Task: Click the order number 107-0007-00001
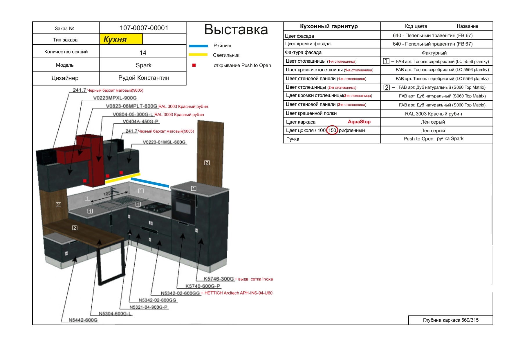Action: point(144,28)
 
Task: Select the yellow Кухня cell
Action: point(121,39)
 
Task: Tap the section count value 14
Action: point(143,53)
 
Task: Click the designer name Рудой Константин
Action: point(144,78)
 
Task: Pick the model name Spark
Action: point(144,65)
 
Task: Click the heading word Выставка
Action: point(236,29)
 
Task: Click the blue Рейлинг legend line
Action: point(198,46)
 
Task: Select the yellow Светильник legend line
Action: point(198,55)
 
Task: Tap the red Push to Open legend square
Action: point(194,65)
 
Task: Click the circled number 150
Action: point(332,130)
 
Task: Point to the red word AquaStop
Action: point(359,122)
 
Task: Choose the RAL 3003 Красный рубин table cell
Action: point(434,114)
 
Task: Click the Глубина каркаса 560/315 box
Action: point(451,320)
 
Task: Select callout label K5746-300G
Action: point(219,279)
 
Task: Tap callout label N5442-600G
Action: point(83,320)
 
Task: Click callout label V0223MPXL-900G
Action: point(115,98)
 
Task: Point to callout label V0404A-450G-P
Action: point(140,122)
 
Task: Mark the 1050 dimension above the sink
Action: point(108,193)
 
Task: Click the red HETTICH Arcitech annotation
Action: point(237,293)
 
